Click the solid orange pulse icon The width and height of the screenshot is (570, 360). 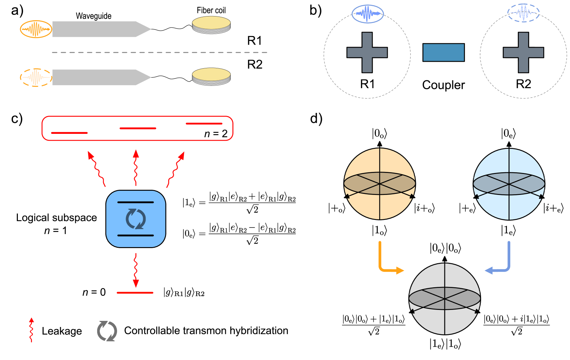36,29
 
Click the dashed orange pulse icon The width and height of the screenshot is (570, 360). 36,77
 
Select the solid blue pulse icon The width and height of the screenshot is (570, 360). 368,14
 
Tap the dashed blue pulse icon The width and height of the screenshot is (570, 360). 523,13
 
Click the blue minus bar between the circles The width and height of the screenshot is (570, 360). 443,53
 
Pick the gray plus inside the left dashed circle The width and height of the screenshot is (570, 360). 367,53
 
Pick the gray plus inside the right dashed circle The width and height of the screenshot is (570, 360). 523,53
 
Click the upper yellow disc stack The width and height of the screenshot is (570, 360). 211,25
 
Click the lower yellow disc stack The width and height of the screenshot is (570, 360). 211,76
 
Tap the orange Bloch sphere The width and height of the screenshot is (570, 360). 380,184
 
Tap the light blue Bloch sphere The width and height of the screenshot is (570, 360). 509,184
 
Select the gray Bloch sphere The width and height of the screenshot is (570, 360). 444,299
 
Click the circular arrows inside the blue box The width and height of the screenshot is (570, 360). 136,219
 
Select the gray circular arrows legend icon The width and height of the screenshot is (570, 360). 107,331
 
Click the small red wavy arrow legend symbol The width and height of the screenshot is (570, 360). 31,330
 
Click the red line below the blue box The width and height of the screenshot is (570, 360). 135,293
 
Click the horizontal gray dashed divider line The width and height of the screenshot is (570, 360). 160,53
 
